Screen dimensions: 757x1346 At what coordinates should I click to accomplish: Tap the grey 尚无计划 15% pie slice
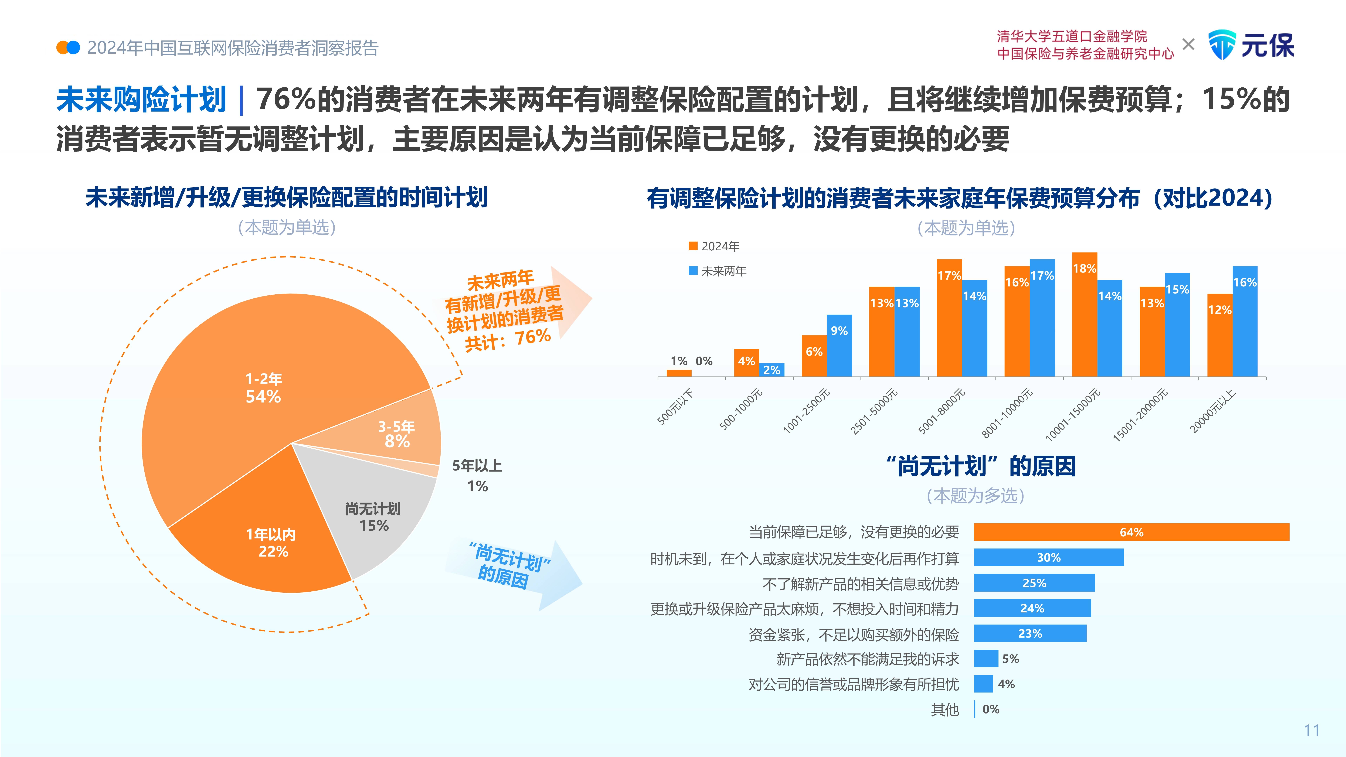pos(374,517)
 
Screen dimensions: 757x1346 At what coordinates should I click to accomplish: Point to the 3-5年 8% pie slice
pos(397,434)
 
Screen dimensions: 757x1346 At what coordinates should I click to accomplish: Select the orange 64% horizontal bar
pos(1131,532)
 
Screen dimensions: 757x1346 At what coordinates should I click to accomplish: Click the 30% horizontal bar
pos(1049,557)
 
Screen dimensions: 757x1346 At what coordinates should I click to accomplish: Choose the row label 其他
pos(945,710)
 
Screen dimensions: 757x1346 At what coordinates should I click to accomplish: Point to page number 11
pos(1311,730)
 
